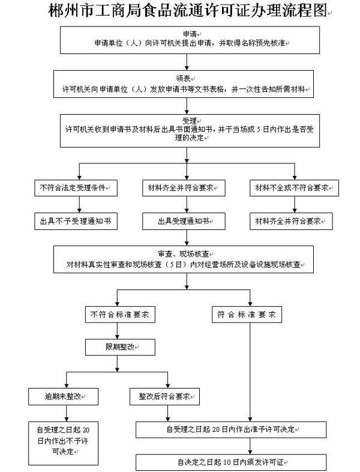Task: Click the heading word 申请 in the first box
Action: pos(188,34)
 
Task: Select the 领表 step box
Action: pos(186,83)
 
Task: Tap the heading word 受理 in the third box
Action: pos(188,121)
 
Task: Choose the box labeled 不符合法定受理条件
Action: pos(75,188)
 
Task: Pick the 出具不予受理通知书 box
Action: pos(75,222)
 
